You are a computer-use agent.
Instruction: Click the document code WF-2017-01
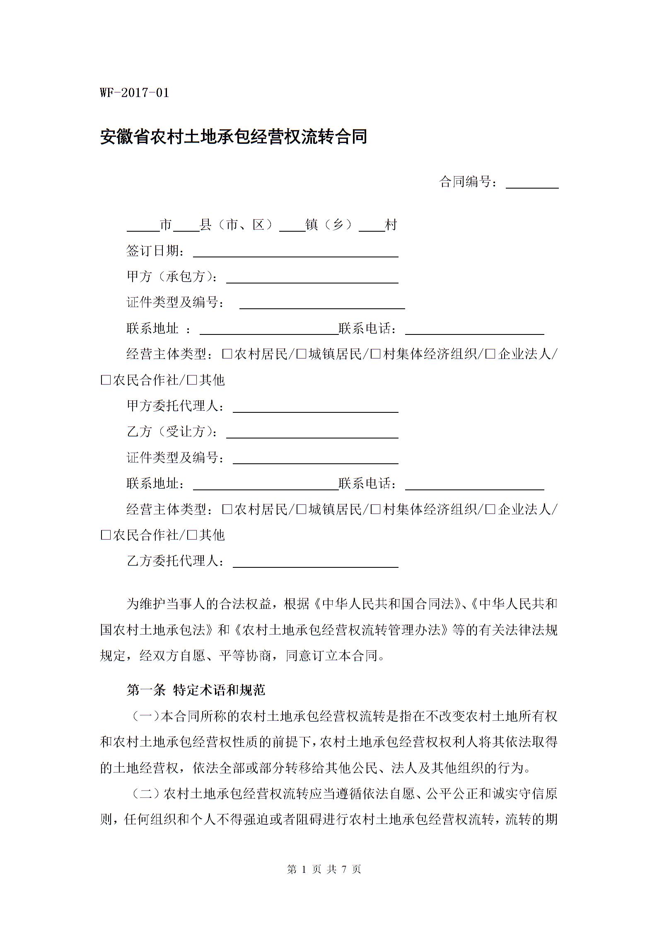point(135,92)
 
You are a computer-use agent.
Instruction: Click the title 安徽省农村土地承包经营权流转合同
point(234,137)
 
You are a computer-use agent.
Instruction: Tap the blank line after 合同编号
point(532,184)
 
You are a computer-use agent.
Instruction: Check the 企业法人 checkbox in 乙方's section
point(490,509)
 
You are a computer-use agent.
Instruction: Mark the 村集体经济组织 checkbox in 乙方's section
point(376,509)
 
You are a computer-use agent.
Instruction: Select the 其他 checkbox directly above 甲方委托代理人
point(192,380)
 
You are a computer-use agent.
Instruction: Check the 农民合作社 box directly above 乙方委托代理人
point(106,535)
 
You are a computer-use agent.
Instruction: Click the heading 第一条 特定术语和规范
point(196,690)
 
